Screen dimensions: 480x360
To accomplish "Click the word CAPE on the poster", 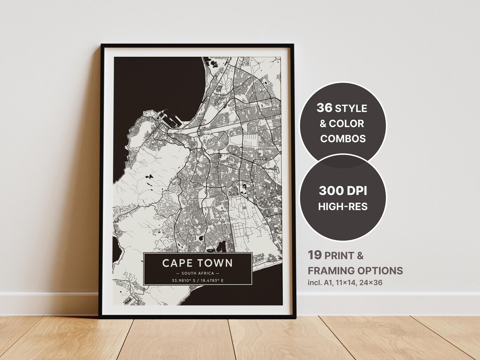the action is (177, 263).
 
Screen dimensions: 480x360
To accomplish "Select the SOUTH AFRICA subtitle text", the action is (198, 273).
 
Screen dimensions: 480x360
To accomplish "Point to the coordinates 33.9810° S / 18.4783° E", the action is (198, 281).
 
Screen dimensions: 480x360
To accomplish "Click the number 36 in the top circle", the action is (324, 108).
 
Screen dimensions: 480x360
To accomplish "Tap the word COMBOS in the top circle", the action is (343, 138).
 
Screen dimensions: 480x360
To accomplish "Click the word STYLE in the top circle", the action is (351, 108).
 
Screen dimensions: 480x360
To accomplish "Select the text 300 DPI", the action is (343, 192).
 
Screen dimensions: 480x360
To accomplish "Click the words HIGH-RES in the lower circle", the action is (343, 207).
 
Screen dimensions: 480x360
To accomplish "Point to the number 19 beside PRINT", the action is (315, 256).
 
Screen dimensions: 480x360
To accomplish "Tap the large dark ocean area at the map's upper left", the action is (151, 84).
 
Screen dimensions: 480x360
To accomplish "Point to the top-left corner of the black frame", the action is (102, 45).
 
